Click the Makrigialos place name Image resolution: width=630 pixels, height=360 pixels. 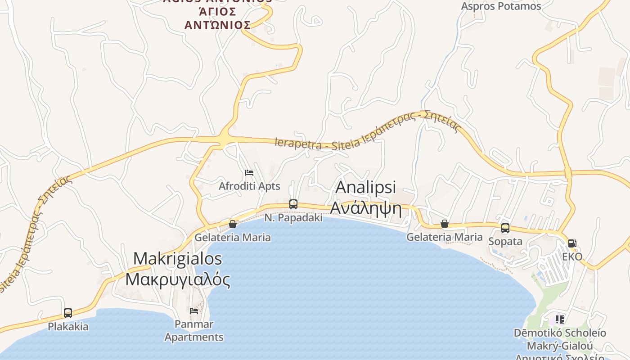coord(178,259)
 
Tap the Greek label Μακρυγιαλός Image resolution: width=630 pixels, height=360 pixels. coord(178,279)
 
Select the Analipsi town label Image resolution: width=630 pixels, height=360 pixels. coord(366,187)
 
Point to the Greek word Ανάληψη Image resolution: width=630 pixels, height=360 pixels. coord(366,208)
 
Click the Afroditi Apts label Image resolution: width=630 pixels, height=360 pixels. coord(249,186)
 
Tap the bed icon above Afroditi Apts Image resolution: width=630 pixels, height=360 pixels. coord(249,172)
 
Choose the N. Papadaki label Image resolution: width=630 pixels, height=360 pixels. coord(293,218)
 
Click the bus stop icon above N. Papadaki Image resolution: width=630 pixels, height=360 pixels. coord(293,204)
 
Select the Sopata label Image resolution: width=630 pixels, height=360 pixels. coord(505,241)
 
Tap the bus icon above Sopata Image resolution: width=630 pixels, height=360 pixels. coord(505,228)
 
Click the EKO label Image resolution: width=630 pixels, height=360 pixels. coord(572,257)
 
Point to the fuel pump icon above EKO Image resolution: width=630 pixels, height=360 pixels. coord(572,243)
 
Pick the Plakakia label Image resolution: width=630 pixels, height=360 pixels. coord(68,327)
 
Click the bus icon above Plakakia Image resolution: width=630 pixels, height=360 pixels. coord(68,313)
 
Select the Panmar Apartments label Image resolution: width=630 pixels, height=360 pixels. coord(194,330)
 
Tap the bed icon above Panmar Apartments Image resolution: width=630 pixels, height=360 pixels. coord(194,310)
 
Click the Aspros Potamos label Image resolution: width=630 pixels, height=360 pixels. coord(501,6)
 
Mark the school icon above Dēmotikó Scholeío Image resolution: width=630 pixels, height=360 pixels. coord(560,319)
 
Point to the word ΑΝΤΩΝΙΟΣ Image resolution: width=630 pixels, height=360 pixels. coord(217,24)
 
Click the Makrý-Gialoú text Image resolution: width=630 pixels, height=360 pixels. coord(560,346)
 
